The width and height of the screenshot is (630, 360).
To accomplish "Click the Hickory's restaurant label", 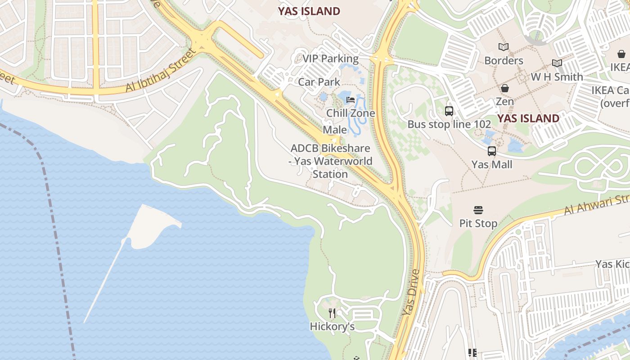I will click(332, 327).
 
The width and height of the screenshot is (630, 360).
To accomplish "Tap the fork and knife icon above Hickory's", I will click(332, 313).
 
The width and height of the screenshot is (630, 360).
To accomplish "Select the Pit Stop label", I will click(478, 223).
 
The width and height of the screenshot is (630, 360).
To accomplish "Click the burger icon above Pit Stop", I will click(478, 210).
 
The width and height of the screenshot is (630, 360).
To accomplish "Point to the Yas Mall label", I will click(492, 164).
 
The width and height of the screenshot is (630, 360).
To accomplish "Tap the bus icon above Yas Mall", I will click(492, 151).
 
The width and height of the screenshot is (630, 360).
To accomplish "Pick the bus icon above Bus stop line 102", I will click(449, 111).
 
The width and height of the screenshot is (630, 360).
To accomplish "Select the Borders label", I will click(504, 60).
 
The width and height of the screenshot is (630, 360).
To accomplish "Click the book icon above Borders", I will click(504, 47).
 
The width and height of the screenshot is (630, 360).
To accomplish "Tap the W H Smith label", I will click(557, 77).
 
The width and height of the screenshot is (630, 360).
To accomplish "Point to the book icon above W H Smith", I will click(557, 63).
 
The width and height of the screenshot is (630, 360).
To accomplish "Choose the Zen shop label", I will click(504, 101).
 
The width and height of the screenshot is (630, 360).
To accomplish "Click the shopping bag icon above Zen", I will click(505, 88).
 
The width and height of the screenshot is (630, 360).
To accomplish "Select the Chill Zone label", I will click(351, 113).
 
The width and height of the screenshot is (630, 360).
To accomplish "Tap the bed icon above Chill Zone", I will click(351, 99).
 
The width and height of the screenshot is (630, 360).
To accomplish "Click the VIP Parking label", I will click(330, 58).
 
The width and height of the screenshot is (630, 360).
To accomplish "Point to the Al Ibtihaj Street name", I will click(161, 71).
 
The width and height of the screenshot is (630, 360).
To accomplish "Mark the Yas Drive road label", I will click(411, 292).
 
